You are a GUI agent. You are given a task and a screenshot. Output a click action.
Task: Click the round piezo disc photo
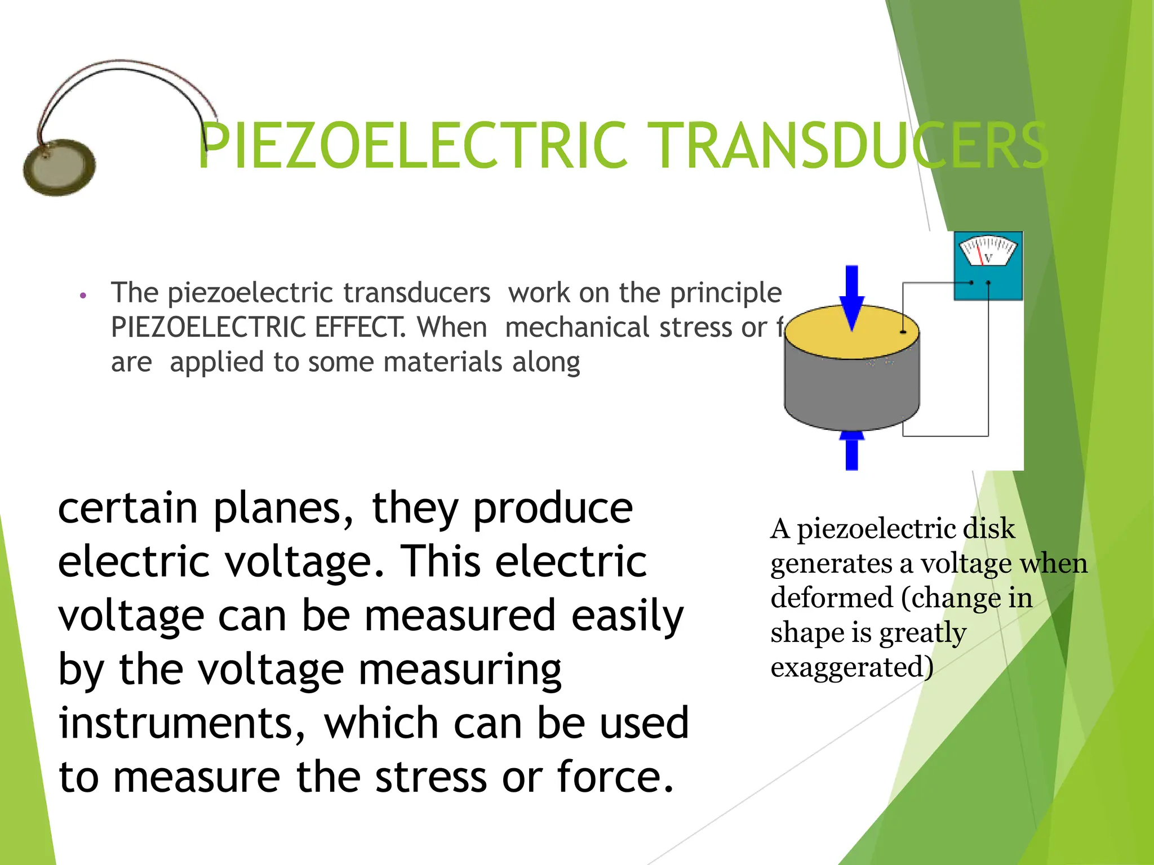pyautogui.click(x=59, y=167)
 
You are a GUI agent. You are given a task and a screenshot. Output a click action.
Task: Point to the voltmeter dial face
pyautogui.click(x=988, y=251)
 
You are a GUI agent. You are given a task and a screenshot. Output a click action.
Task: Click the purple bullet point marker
pyautogui.click(x=83, y=295)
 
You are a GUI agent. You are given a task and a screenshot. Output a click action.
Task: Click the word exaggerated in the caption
pyautogui.click(x=851, y=667)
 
